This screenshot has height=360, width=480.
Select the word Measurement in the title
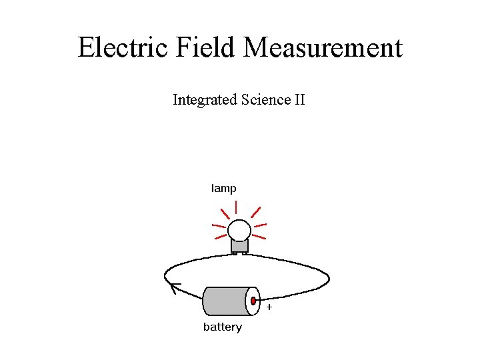323,48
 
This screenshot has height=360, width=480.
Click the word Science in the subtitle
265,100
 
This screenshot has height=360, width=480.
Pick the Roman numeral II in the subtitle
299,100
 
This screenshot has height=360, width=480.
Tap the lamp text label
223,189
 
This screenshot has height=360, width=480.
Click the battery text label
223,327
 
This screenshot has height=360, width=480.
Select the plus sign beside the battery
269,308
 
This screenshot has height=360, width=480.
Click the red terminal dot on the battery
253,301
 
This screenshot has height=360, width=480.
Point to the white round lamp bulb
239,231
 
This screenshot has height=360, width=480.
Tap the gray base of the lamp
239,246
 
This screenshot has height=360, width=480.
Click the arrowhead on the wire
175,287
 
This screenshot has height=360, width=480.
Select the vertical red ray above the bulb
237,207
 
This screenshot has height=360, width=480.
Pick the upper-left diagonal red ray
225,213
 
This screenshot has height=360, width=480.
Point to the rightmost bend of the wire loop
329,279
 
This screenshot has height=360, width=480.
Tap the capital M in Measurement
257,48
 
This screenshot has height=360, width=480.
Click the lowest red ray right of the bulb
259,236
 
